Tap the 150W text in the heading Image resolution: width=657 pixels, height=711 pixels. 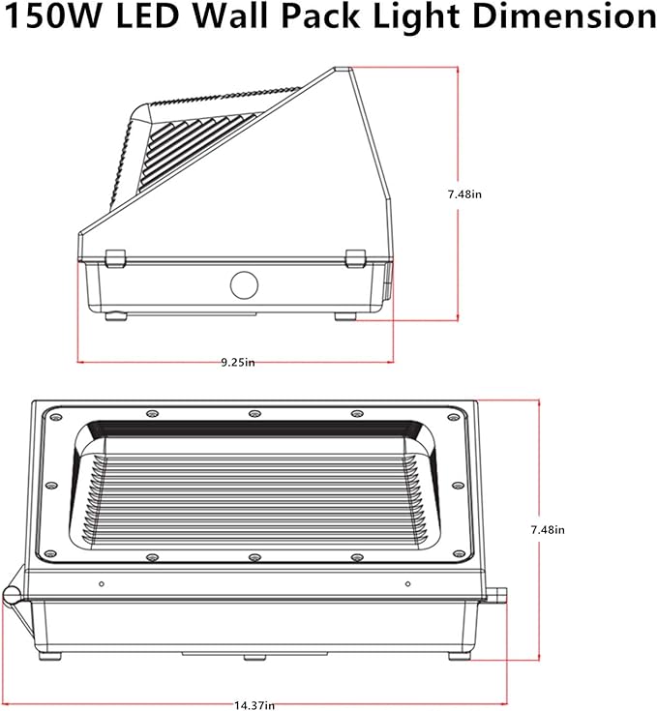pyautogui.click(x=51, y=15)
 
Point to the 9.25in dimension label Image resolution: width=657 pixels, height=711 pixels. pyautogui.click(x=238, y=363)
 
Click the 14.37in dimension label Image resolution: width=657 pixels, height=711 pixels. pyautogui.click(x=254, y=705)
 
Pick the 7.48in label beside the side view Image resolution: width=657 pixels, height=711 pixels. pyautogui.click(x=464, y=194)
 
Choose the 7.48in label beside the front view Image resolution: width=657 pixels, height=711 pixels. pyautogui.click(x=548, y=530)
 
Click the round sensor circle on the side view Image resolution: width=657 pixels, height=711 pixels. pyautogui.click(x=245, y=285)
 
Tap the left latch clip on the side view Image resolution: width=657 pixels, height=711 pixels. pyautogui.click(x=115, y=258)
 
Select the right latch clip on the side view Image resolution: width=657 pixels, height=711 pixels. pyautogui.click(x=355, y=258)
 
